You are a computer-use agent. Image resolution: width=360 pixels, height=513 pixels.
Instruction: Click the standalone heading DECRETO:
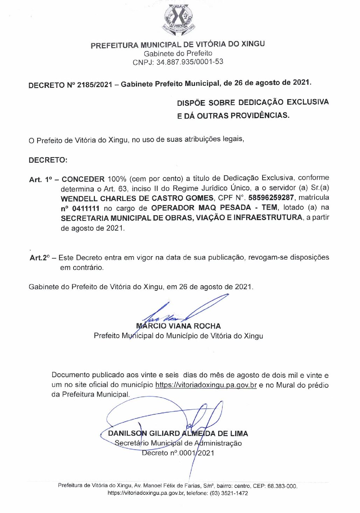pyautogui.click(x=48, y=160)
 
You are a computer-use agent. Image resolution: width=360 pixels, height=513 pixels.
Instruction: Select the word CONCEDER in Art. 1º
pyautogui.click(x=83, y=179)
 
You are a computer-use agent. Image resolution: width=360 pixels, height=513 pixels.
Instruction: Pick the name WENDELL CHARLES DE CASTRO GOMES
pyautogui.click(x=137, y=198)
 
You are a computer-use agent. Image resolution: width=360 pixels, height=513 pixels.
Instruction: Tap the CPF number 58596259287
pyautogui.click(x=271, y=198)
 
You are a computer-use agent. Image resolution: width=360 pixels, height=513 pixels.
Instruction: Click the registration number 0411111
pyautogui.click(x=86, y=209)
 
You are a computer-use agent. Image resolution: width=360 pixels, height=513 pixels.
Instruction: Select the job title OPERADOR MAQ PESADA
pyautogui.click(x=201, y=208)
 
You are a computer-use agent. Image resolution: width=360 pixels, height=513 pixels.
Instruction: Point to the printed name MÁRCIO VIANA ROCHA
pyautogui.click(x=178, y=326)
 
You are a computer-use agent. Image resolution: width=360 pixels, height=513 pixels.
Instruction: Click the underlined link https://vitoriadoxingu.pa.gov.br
pyautogui.click(x=206, y=385)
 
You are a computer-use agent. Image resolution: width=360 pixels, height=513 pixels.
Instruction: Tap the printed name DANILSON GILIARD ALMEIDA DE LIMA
pyautogui.click(x=178, y=434)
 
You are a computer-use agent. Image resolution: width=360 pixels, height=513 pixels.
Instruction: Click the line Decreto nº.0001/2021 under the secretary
pyautogui.click(x=178, y=453)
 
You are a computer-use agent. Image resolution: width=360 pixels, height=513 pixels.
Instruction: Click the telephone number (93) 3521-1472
pyautogui.click(x=229, y=493)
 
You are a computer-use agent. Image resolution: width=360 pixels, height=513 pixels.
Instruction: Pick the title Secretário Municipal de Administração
pyautogui.click(x=178, y=443)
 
